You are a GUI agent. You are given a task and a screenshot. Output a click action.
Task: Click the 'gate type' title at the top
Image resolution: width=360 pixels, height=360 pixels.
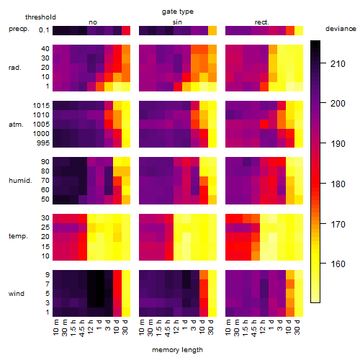click(178, 12)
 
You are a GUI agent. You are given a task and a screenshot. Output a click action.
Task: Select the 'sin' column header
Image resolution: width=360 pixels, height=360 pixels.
click(177, 22)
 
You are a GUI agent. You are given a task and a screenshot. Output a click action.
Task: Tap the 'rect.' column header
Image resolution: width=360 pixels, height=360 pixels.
click(261, 22)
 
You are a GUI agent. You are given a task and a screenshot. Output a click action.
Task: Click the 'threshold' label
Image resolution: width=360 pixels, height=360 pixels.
click(40, 17)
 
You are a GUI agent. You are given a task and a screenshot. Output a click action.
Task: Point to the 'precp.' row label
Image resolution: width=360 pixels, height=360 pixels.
click(19, 29)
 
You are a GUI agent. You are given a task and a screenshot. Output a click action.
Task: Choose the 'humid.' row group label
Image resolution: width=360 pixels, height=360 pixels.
click(20, 180)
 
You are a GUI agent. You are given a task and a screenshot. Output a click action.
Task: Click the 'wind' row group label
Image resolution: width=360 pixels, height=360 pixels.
click(17, 293)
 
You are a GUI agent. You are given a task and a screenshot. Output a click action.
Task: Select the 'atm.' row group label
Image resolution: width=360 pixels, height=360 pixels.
click(16, 125)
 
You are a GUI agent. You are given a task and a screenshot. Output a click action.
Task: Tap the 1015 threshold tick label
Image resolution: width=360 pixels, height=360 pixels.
click(41, 106)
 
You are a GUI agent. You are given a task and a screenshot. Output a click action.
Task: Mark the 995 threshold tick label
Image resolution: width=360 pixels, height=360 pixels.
click(43, 143)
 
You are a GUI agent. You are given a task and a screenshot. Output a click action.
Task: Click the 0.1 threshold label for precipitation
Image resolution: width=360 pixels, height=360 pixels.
click(44, 30)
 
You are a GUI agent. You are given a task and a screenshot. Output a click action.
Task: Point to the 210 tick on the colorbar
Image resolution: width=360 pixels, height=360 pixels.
click(338, 64)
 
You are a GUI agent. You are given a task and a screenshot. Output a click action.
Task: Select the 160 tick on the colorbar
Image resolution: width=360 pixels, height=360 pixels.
click(338, 264)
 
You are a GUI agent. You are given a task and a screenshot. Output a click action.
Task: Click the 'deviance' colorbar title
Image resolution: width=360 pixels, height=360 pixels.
click(341, 29)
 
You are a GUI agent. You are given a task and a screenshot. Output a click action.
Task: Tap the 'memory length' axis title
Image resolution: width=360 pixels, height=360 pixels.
click(177, 350)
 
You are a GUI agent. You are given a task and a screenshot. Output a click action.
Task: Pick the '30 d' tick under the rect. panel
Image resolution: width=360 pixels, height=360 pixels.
click(297, 327)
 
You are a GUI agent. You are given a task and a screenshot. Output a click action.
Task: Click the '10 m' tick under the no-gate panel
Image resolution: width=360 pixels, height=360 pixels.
click(55, 328)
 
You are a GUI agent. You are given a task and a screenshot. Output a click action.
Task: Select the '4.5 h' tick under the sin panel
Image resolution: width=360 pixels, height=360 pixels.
click(168, 328)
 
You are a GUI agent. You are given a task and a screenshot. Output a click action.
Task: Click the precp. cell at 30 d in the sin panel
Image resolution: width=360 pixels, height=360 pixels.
click(212, 30)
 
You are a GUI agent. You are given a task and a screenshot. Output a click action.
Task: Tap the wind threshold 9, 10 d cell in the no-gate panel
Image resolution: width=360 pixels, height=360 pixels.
click(117, 274)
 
